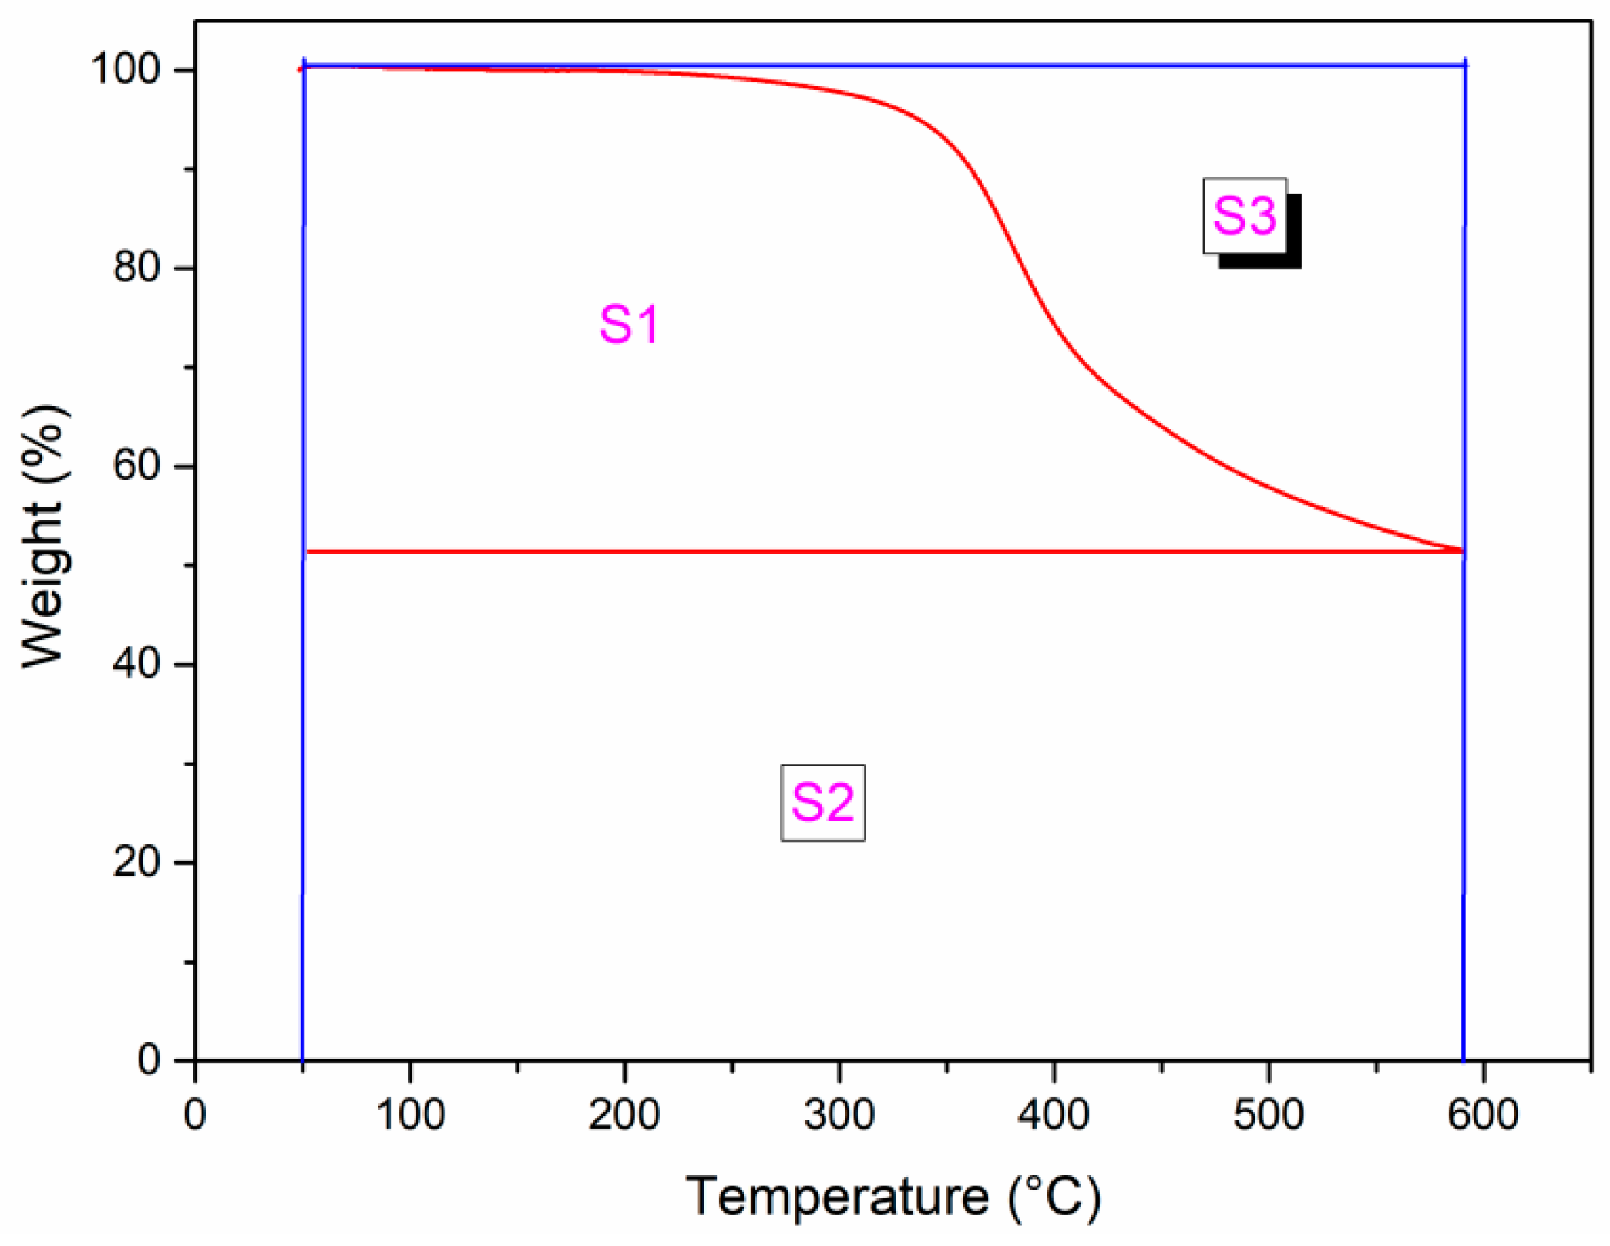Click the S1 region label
click(x=630, y=325)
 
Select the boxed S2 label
click(x=822, y=803)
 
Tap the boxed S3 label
click(x=1244, y=215)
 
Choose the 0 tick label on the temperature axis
click(x=195, y=1115)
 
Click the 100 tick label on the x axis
click(x=410, y=1115)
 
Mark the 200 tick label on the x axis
click(x=624, y=1115)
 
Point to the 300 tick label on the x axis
click(x=839, y=1115)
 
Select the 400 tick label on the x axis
click(x=1054, y=1115)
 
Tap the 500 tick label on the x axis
click(x=1269, y=1115)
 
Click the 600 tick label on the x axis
click(x=1483, y=1115)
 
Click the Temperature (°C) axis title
click(x=893, y=1197)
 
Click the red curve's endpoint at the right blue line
click(x=1461, y=551)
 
